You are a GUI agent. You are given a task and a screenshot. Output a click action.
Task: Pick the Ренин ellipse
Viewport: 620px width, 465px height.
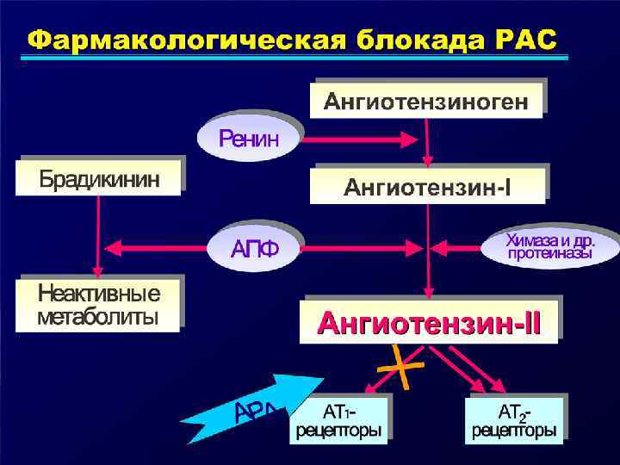point(249,137)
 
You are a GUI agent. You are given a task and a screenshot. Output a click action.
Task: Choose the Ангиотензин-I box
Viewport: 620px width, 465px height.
point(428,185)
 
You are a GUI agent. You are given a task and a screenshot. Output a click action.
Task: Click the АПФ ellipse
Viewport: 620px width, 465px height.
point(255,249)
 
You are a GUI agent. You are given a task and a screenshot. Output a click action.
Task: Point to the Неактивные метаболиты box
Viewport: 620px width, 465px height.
point(98,303)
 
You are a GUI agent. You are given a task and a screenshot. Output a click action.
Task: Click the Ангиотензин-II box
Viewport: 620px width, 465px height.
point(429,323)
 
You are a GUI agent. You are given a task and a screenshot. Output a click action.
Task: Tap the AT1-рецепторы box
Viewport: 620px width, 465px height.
point(339,419)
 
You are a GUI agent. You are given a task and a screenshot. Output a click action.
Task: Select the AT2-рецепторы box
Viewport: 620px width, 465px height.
point(514,419)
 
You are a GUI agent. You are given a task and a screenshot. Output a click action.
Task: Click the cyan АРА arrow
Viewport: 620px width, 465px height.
point(267,406)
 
